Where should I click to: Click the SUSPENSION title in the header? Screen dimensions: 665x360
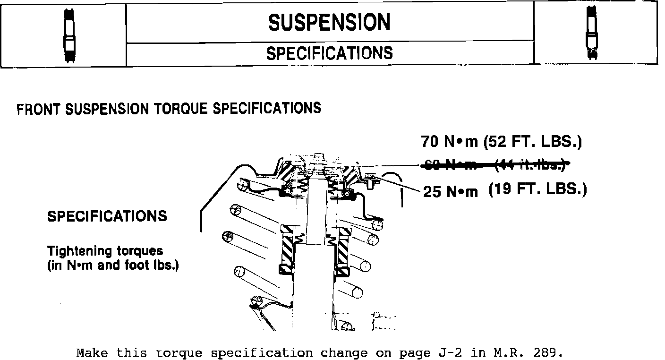[x=329, y=22]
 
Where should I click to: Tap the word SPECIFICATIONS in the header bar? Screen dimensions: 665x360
[x=329, y=53]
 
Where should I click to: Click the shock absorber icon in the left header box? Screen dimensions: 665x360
[x=70, y=34]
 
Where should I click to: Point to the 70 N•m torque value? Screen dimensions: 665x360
[x=449, y=141]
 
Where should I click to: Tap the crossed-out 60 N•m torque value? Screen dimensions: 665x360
[x=449, y=165]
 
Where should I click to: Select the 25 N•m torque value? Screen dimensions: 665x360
[x=450, y=192]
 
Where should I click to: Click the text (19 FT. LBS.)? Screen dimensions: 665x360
[x=537, y=189]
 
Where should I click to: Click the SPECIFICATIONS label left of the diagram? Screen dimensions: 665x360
[x=107, y=216]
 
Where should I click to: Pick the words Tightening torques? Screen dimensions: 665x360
[x=105, y=251]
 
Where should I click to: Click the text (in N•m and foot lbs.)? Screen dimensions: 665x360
[x=113, y=265]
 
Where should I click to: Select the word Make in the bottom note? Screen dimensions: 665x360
[x=93, y=353]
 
